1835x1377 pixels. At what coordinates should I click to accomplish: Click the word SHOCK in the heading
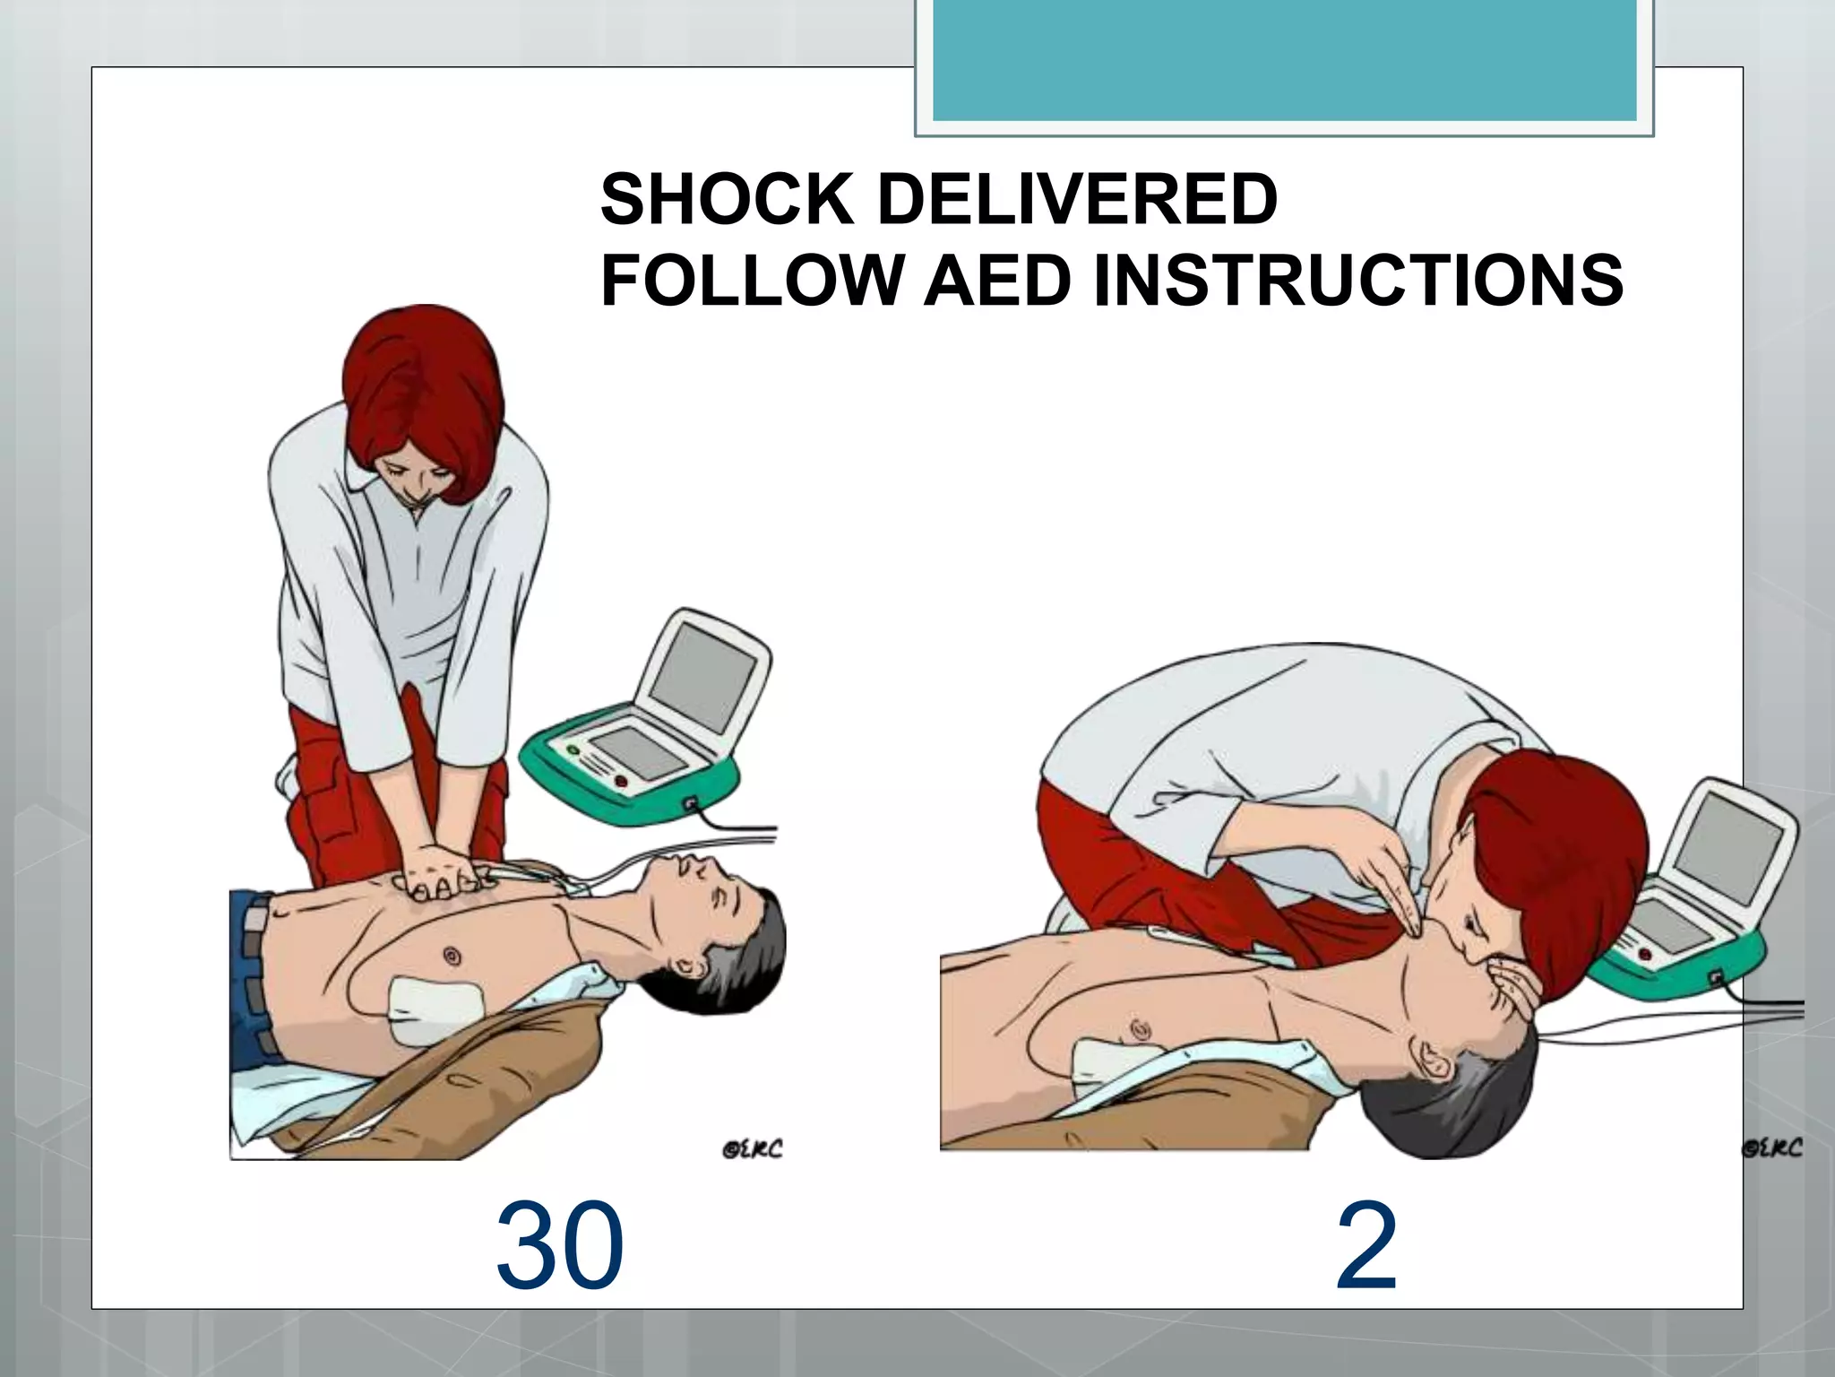[x=726, y=199]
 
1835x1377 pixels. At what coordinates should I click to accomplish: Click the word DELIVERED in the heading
[x=1077, y=199]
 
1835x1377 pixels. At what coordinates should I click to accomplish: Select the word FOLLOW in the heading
[x=751, y=281]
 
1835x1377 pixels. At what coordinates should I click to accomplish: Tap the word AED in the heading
[x=996, y=281]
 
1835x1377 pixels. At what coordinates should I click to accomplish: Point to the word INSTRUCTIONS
[x=1358, y=281]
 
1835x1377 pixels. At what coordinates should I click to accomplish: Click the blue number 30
[x=559, y=1247]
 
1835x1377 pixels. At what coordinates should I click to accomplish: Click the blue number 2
[x=1366, y=1247]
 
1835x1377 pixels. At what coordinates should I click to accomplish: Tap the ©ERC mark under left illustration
[x=752, y=1148]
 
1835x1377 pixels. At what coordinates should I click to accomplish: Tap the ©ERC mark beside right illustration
[x=1772, y=1147]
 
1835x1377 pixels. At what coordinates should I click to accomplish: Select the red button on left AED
[x=621, y=781]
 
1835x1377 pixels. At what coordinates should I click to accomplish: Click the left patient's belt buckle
[x=255, y=920]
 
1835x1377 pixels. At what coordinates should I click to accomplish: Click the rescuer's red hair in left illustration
[x=421, y=385]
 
